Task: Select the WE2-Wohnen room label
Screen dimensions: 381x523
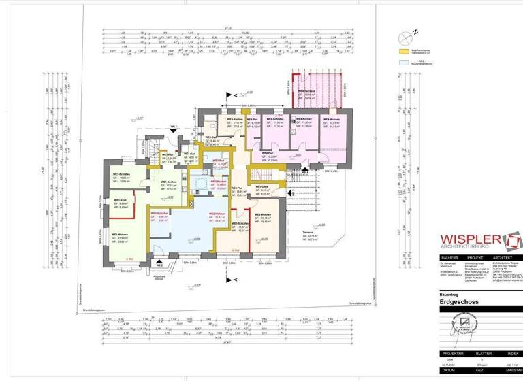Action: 217,214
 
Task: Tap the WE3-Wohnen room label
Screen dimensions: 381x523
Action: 262,214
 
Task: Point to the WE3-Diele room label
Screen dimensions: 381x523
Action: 262,187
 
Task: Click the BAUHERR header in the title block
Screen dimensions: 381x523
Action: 447,258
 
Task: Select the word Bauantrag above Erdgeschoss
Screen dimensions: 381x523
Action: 450,293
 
